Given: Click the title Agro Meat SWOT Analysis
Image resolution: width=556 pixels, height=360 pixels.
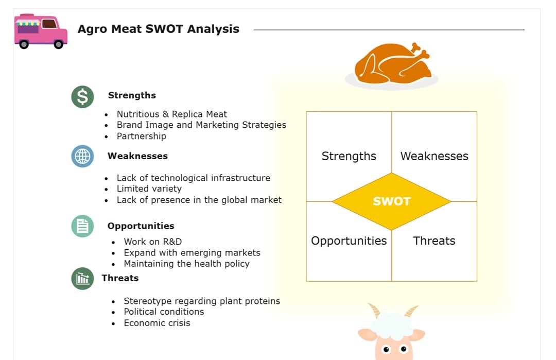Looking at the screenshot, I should click(x=158, y=29).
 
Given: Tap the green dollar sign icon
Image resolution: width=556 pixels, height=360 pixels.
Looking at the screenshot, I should click(x=82, y=96).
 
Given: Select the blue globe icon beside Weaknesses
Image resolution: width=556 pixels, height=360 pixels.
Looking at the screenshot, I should click(x=82, y=156).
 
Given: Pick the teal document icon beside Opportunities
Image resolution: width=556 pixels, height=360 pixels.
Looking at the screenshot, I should click(x=82, y=226).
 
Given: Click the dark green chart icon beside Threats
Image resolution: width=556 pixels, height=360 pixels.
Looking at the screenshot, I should click(x=82, y=279).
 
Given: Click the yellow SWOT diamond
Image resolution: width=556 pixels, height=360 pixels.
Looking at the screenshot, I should click(x=391, y=201).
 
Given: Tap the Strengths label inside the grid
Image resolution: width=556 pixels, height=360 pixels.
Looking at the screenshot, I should click(x=349, y=156).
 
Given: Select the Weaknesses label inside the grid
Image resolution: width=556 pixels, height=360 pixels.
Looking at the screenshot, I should click(x=434, y=156).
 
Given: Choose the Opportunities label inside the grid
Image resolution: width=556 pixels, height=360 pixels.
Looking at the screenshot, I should click(x=349, y=241).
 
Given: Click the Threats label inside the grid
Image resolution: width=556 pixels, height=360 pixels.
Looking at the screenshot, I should click(x=434, y=241).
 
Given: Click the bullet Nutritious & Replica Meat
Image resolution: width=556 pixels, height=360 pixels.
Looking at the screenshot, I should click(x=171, y=114).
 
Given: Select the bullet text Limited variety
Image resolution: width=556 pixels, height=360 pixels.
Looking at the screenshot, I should click(x=149, y=188).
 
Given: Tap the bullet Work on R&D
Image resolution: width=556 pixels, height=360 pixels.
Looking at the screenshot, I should click(x=152, y=242).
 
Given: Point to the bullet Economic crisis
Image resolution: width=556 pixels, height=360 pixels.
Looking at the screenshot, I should click(x=157, y=323).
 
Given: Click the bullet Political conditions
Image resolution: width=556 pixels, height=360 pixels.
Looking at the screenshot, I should click(x=164, y=312).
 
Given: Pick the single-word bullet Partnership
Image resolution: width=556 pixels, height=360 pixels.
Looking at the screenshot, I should click(x=141, y=136).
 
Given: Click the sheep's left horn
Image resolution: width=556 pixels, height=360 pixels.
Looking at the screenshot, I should click(x=374, y=310).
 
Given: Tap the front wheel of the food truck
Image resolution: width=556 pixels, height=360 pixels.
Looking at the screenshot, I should click(x=59, y=44).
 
